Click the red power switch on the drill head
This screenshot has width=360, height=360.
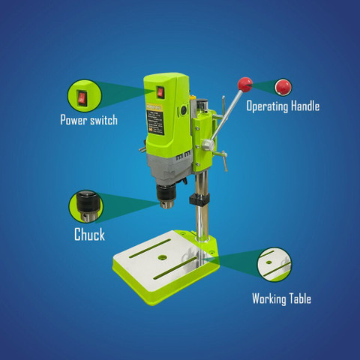point(160,92)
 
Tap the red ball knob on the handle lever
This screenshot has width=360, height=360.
point(245,85)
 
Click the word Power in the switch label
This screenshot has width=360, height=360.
point(73,120)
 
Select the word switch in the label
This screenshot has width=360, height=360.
point(103,120)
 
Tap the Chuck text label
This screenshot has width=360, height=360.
point(89,234)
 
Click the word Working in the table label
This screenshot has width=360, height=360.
point(269,299)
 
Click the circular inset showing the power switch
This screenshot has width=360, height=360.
point(85,96)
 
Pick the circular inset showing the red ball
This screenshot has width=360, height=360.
point(283,87)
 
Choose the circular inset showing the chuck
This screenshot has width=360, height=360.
point(85,206)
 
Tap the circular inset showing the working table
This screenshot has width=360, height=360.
point(274,264)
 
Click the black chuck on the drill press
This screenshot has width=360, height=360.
point(165,196)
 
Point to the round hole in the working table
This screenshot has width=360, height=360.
point(163,257)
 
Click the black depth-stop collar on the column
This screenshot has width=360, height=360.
point(199,199)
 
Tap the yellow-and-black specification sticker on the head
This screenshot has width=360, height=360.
point(154,119)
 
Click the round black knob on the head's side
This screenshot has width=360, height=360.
point(184,110)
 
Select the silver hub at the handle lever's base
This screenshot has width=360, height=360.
point(208,145)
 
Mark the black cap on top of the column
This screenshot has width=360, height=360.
point(202,106)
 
